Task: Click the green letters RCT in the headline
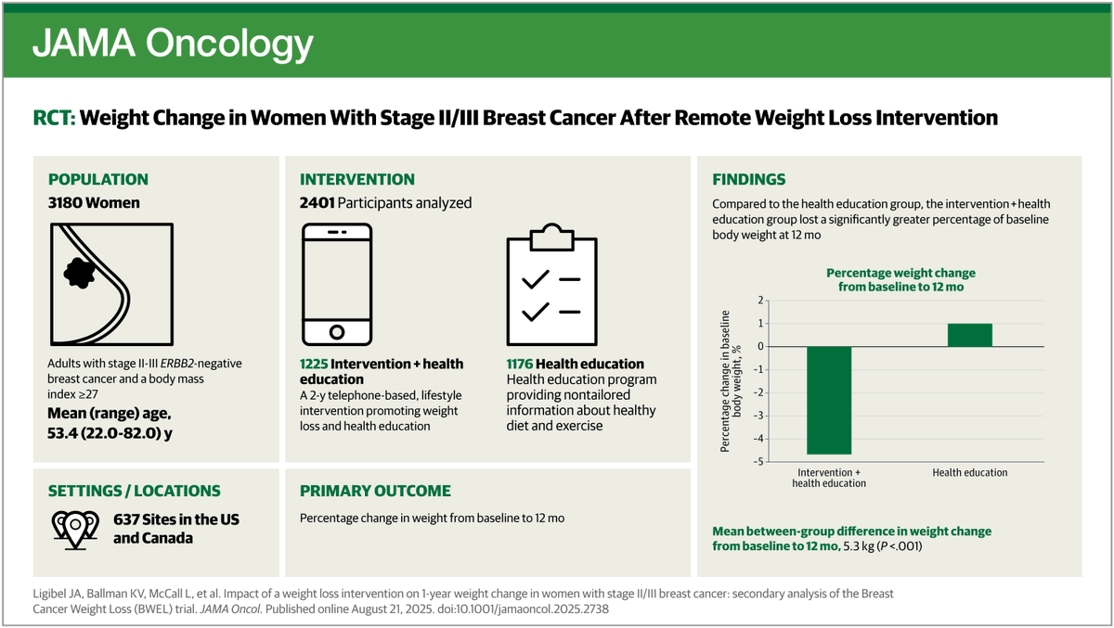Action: (x=53, y=118)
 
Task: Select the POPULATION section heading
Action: (x=97, y=180)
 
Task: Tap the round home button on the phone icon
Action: (x=337, y=330)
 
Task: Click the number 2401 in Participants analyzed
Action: (x=317, y=203)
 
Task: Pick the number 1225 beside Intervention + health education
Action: (x=317, y=364)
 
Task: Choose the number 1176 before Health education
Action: (x=523, y=364)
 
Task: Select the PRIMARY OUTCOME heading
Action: (x=375, y=491)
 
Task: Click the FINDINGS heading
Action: (x=748, y=180)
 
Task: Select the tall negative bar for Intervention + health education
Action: (x=829, y=400)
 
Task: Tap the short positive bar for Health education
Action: (x=970, y=335)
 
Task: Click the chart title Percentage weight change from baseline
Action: (x=900, y=280)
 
